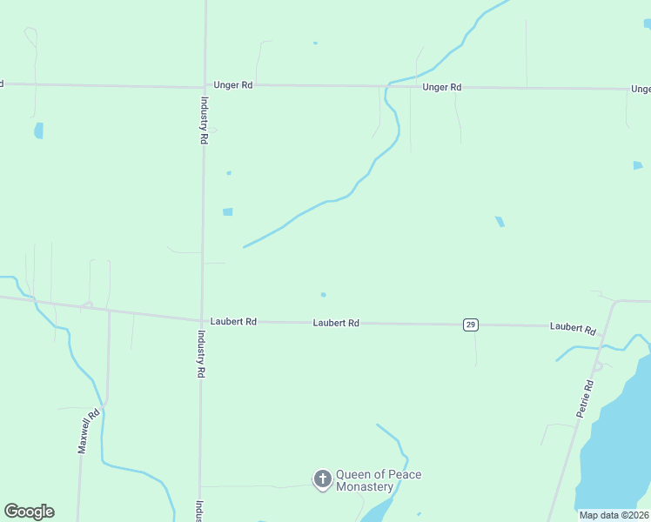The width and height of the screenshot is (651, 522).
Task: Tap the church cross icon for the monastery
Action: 322,478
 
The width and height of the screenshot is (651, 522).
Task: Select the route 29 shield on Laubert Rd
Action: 470,325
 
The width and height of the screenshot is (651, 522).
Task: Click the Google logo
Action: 29,512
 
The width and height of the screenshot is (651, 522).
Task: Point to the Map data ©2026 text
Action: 614,515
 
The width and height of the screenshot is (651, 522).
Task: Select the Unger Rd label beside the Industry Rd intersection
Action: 232,86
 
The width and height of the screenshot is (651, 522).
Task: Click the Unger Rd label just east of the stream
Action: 441,87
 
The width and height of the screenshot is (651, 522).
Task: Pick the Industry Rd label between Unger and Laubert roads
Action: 204,120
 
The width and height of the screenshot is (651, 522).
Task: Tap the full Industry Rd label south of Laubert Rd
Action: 200,353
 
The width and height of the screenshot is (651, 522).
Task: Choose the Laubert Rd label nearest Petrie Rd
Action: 571,327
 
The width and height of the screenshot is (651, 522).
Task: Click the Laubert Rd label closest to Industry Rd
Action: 233,321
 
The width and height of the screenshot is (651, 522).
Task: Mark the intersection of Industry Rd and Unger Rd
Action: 205,86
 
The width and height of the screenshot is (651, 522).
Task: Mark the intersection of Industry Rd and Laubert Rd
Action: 202,320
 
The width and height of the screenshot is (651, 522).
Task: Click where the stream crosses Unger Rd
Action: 387,85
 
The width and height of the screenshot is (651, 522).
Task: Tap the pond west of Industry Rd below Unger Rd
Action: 38,130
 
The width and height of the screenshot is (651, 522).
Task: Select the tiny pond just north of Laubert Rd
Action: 323,294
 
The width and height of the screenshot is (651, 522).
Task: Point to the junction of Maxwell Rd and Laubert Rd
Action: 109,310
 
